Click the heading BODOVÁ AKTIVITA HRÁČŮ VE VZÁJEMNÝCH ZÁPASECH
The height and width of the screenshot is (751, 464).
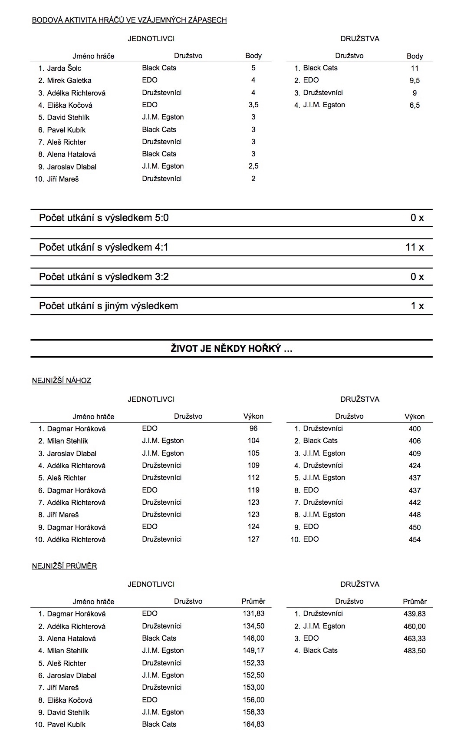[129, 20]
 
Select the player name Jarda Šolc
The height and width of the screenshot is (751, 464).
[64, 68]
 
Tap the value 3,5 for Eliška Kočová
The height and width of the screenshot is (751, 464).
[253, 105]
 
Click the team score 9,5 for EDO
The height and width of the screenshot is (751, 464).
[414, 80]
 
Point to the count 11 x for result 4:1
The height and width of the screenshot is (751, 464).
[414, 247]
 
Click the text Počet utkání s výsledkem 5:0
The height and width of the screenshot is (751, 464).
[104, 218]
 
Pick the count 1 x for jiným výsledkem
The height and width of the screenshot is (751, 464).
[417, 306]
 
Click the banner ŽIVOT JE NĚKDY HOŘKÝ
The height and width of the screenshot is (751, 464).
[231, 348]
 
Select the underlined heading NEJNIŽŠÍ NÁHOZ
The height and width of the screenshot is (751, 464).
[62, 380]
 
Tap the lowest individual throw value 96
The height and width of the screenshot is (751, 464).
[253, 428]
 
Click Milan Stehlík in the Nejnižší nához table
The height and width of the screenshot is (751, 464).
[67, 441]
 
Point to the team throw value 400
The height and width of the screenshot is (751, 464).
[414, 429]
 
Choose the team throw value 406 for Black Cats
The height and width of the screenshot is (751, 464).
[414, 441]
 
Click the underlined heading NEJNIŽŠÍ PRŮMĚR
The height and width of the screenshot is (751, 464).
[64, 566]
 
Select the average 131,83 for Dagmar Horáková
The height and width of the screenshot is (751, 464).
[253, 613]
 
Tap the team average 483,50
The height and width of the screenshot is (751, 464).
[414, 651]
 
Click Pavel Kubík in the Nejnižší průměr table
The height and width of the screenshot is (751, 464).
[66, 725]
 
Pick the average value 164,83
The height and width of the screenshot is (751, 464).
[253, 724]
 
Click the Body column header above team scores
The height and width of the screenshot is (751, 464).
[414, 56]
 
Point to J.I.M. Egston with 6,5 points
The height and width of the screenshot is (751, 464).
[324, 105]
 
